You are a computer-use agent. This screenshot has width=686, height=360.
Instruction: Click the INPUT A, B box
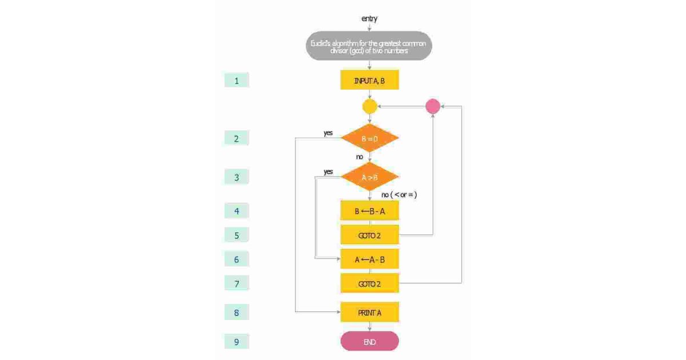[369, 81]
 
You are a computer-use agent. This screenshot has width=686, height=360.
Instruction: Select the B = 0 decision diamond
[369, 138]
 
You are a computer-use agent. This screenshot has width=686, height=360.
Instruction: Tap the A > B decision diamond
[369, 177]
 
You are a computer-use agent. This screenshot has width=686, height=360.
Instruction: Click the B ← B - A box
[369, 211]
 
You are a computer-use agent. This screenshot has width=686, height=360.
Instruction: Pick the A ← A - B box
[369, 259]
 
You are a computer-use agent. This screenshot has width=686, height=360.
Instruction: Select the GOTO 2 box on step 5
[369, 235]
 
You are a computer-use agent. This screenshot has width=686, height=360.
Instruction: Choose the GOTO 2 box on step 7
[369, 283]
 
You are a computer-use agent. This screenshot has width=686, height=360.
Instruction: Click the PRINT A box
[369, 313]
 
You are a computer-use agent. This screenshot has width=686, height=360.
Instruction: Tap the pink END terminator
[369, 342]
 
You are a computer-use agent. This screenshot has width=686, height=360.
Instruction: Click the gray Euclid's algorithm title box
[369, 46]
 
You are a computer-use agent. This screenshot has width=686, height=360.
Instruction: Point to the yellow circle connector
[370, 106]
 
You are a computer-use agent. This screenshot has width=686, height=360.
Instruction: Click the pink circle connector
[433, 106]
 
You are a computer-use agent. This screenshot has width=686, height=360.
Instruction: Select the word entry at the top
[369, 19]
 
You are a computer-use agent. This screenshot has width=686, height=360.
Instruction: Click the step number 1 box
[237, 81]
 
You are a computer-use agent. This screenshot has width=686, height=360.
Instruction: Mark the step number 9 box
[237, 342]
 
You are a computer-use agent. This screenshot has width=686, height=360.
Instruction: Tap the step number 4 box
[237, 211]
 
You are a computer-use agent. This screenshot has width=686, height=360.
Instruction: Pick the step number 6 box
[237, 259]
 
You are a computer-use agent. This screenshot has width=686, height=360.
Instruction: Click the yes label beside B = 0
[328, 133]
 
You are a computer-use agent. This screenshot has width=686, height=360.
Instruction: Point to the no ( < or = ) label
[399, 195]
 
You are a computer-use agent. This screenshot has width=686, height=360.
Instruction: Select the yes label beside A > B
[328, 171]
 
